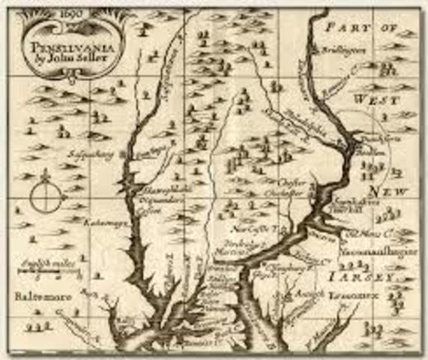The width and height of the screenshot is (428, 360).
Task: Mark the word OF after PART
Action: point(391,27)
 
